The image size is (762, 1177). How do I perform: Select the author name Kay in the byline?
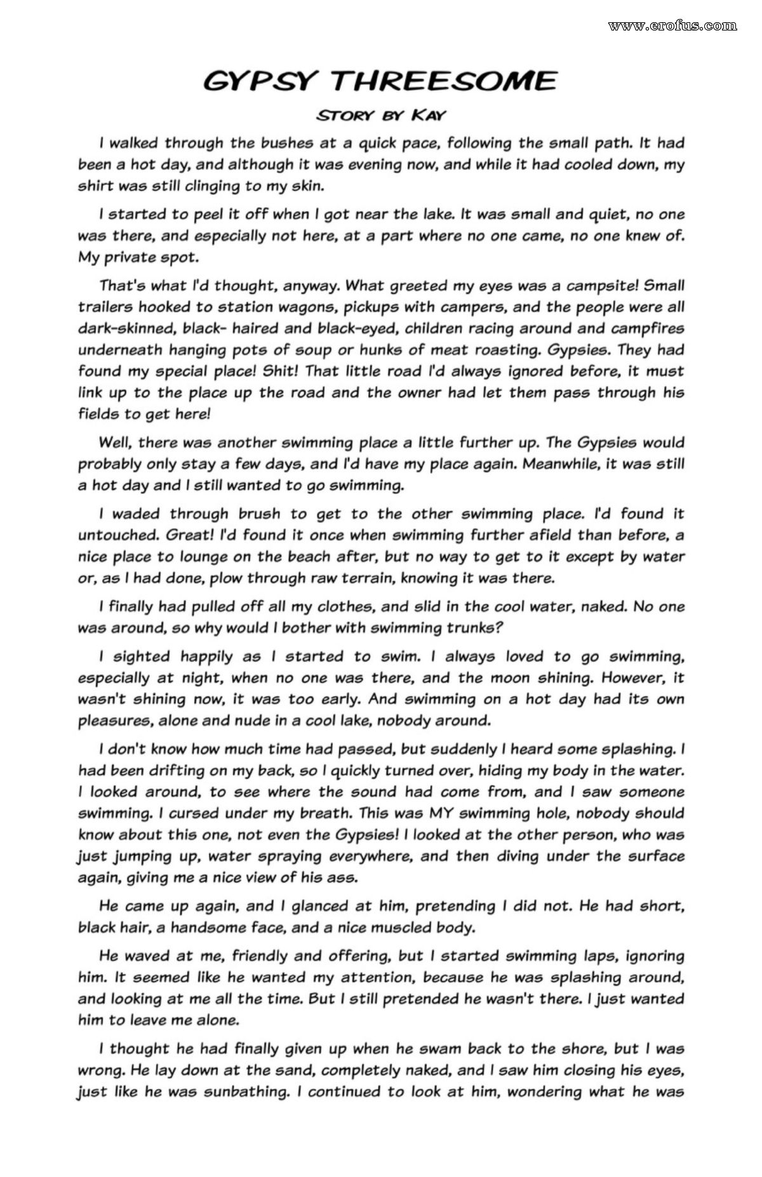click(428, 115)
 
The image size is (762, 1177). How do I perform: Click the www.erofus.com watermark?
click(672, 25)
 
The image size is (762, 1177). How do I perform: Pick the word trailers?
click(105, 307)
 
